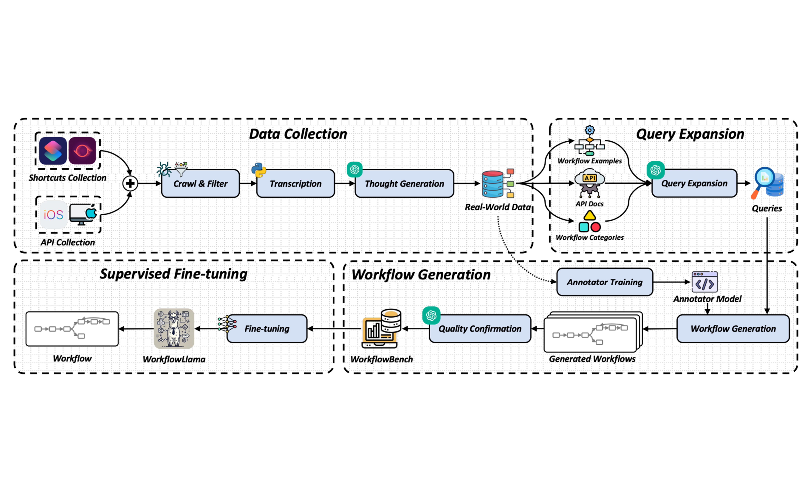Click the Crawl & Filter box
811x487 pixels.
pos(200,183)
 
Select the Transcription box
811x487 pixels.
pos(295,183)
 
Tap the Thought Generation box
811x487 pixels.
pos(404,183)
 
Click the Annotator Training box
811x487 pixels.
pos(605,282)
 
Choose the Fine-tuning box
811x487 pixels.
pos(267,329)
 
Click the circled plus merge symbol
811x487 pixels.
pos(130,183)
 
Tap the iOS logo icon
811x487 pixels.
pos(53,215)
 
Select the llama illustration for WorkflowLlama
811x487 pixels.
pos(174,329)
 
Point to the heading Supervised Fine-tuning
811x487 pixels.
pos(173,274)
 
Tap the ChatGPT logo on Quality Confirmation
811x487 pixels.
pos(431,315)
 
